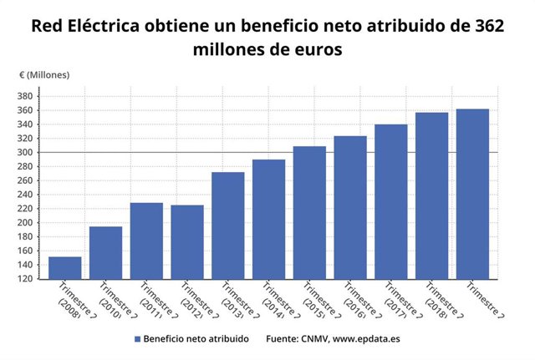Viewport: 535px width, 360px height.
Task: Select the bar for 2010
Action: pos(105,252)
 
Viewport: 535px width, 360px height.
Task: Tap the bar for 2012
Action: pos(186,241)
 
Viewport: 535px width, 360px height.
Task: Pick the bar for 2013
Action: pos(227,226)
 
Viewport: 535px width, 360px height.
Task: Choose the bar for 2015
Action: pos(308,212)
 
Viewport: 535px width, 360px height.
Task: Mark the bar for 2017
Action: pos(390,201)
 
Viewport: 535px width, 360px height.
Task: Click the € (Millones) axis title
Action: pos(45,75)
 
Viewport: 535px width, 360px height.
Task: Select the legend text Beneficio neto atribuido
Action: pos(196,339)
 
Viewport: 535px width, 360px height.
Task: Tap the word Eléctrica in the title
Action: pos(103,26)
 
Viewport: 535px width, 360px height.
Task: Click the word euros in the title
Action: pos(314,49)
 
